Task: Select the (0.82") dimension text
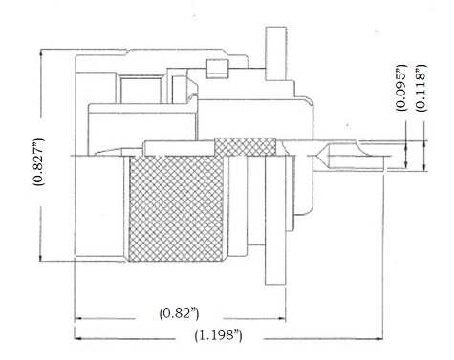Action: (x=180, y=314)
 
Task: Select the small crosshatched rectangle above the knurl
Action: (x=245, y=147)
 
